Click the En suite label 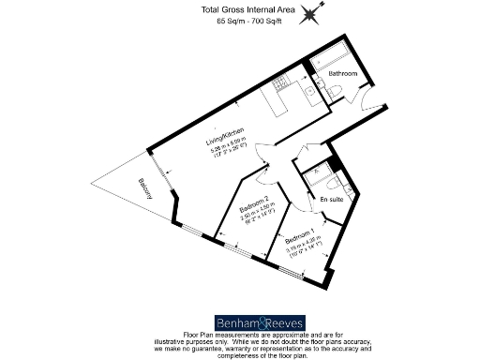point(330,199)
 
